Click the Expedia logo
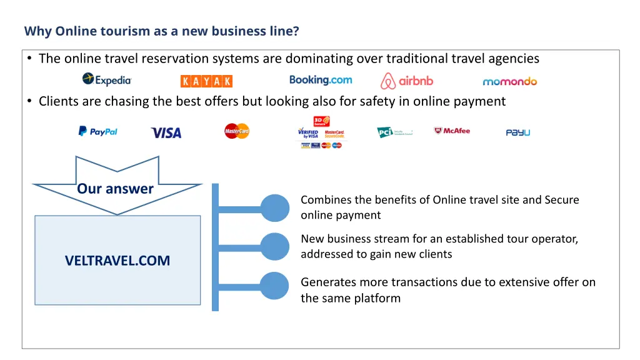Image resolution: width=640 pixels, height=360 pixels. click(x=107, y=79)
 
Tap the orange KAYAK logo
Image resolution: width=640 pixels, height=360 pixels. click(x=206, y=81)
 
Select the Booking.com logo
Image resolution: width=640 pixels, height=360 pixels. click(x=321, y=80)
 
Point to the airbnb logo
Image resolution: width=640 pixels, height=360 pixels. click(x=407, y=81)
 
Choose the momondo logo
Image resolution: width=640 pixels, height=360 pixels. click(x=509, y=81)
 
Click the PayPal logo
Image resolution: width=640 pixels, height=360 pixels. click(x=97, y=131)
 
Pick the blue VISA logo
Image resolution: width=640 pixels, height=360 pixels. click(x=166, y=132)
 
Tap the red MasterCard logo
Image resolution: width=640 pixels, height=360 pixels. click(x=237, y=131)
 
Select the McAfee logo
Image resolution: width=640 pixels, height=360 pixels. click(x=452, y=131)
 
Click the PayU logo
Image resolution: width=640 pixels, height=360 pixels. click(x=517, y=132)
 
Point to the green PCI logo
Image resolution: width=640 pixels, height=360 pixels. click(x=394, y=132)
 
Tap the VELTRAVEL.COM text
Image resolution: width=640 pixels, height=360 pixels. click(x=117, y=261)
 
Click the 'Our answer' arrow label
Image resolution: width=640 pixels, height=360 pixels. click(x=116, y=189)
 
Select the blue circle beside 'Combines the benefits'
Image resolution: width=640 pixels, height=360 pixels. click(x=275, y=208)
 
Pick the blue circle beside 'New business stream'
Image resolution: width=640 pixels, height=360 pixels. click(x=275, y=247)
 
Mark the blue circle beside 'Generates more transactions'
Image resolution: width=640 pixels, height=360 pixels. click(x=275, y=286)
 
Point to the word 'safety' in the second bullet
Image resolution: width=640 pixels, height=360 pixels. click(x=378, y=101)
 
